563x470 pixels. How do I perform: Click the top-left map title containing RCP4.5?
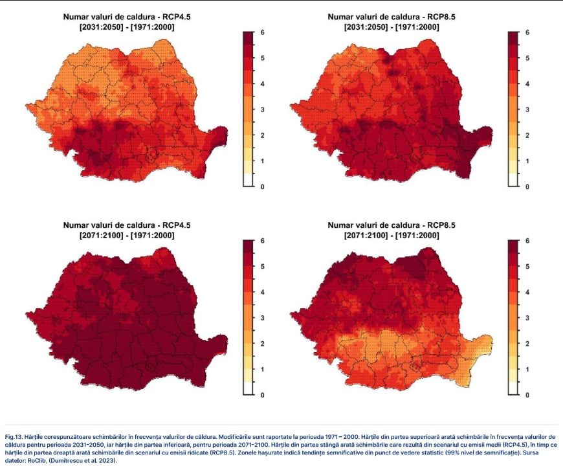(127, 17)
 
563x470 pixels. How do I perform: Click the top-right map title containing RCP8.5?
(392, 17)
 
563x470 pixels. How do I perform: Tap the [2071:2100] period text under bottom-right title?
(366, 236)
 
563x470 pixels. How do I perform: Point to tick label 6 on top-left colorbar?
(263, 32)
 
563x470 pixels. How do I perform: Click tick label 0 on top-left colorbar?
(263, 187)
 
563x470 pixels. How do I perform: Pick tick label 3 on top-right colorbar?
(527, 109)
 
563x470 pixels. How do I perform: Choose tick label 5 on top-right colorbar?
(527, 58)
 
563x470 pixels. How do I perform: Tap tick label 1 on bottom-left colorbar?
(263, 370)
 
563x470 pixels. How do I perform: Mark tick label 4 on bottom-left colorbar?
(263, 292)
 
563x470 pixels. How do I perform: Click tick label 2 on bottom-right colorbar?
(527, 344)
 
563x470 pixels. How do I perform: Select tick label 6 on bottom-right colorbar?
(527, 241)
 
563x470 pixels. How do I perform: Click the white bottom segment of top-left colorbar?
(248, 180)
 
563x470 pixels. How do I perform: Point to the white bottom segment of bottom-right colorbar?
(513, 388)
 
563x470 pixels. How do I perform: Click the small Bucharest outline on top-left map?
(150, 157)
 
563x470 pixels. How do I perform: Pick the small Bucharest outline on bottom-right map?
(415, 366)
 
